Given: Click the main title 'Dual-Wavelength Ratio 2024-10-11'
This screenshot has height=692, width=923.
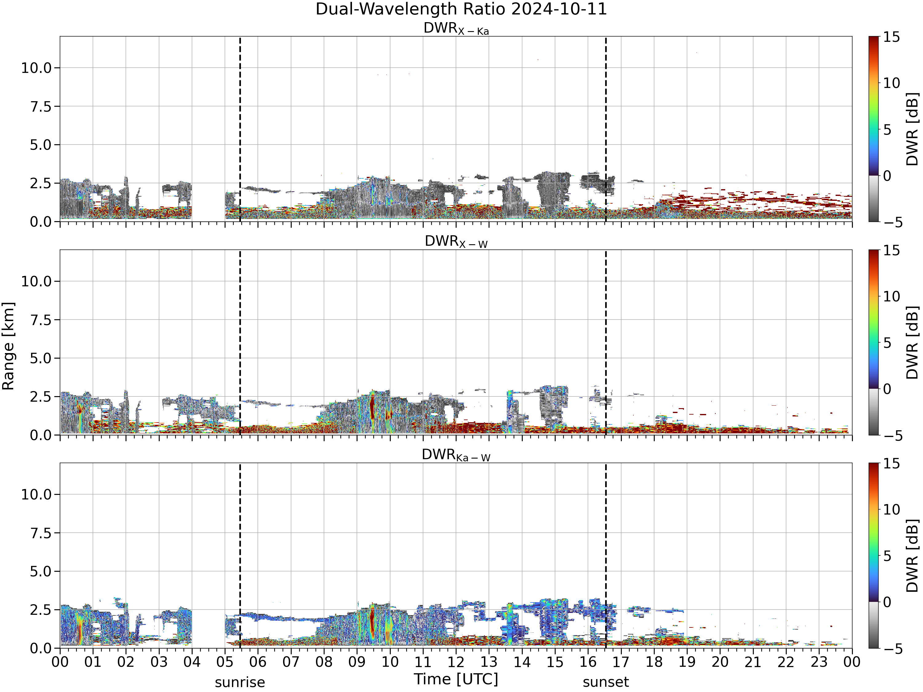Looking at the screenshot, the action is [461, 9].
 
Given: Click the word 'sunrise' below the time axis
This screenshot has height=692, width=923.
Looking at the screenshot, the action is [240, 682].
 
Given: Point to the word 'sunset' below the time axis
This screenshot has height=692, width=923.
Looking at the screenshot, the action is [606, 682].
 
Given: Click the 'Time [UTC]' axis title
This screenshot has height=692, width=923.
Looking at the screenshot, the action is [456, 679].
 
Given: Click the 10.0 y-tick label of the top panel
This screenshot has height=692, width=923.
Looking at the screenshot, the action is [36, 68].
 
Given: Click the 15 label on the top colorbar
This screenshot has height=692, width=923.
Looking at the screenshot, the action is [891, 37].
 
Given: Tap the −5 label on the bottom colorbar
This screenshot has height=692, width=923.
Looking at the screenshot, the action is [893, 649].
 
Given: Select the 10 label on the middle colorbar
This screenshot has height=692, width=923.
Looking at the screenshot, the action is [891, 296].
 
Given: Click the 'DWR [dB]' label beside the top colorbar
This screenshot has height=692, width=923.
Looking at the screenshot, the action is [913, 129].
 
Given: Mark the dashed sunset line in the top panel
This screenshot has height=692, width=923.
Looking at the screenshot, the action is [606, 129].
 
